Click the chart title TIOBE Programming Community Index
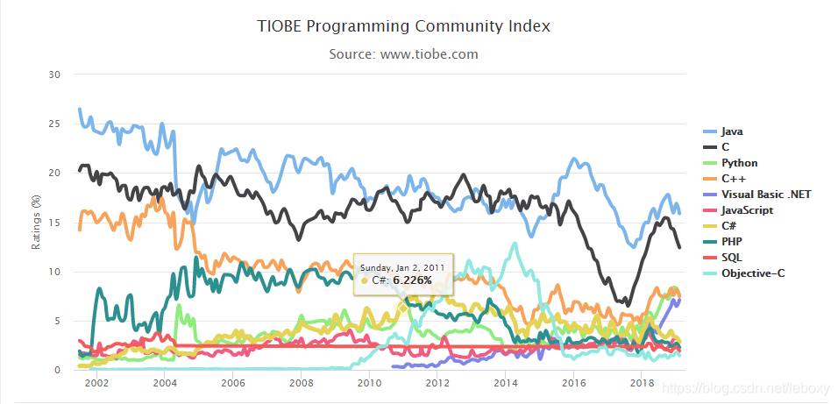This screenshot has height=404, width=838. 403,26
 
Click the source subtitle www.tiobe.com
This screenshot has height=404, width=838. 403,54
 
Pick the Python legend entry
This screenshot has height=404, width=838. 739,163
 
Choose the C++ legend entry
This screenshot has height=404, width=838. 732,179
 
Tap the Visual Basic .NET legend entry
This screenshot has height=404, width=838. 759,195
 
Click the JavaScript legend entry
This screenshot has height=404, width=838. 746,210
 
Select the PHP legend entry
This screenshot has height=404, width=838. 732,242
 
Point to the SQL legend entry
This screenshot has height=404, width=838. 732,258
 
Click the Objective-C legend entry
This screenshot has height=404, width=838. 752,273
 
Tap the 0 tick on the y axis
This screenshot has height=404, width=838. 56,371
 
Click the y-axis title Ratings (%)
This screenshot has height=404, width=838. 37,223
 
